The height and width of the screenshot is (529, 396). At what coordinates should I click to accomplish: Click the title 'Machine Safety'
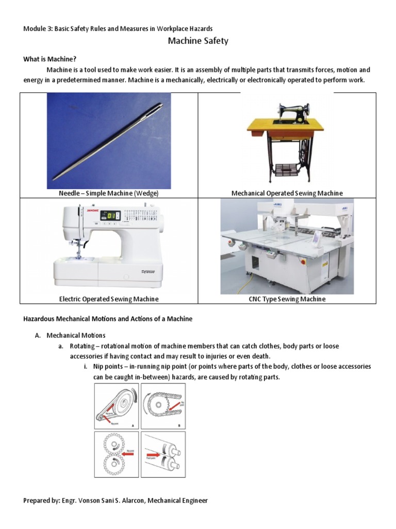pos(198,41)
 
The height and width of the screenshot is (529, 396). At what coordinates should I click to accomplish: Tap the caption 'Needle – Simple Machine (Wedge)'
pos(109,193)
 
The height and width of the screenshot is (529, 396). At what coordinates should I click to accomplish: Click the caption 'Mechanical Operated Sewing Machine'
pos(287,193)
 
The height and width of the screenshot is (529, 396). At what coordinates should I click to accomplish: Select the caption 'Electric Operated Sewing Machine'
pos(109,299)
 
